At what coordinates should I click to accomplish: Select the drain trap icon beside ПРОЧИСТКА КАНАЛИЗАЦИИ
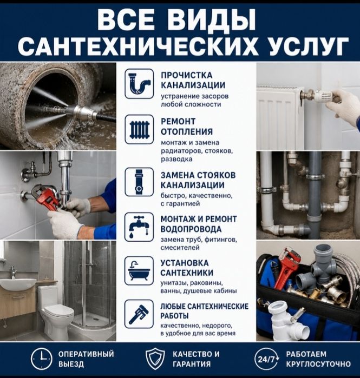[139, 84]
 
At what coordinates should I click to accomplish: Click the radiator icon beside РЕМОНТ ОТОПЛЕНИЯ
[139, 129]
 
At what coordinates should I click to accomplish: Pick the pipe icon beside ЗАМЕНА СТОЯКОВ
[139, 182]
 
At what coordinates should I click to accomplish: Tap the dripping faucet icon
[139, 227]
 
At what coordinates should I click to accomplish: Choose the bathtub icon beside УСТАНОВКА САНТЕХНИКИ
[139, 271]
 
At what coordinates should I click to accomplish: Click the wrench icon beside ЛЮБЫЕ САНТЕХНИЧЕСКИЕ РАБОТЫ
[139, 314]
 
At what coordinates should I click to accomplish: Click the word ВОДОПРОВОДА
[191, 229]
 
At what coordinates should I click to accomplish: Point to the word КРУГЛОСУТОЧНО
[318, 364]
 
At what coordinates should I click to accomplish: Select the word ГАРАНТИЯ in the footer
[192, 364]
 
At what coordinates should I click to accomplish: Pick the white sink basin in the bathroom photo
[17, 284]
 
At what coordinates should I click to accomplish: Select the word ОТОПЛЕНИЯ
[187, 132]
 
